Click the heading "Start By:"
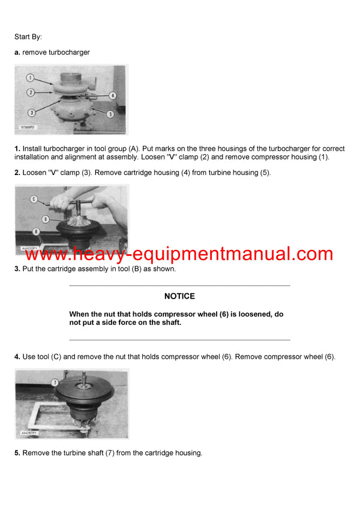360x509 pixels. pyautogui.click(x=28, y=37)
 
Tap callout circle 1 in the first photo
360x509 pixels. pyautogui.click(x=30, y=77)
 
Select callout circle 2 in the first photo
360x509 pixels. pyautogui.click(x=30, y=92)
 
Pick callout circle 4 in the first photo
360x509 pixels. pyautogui.click(x=112, y=95)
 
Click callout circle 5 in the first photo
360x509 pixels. pyautogui.click(x=110, y=113)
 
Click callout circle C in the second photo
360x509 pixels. pyautogui.click(x=34, y=198)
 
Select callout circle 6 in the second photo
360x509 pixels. pyautogui.click(x=45, y=219)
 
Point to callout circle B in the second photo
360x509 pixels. pyautogui.click(x=36, y=231)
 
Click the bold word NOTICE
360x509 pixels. pyautogui.click(x=179, y=296)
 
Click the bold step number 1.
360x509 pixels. pyautogui.click(x=17, y=149)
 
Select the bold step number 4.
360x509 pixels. pyautogui.click(x=17, y=357)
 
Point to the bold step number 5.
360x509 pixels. pyautogui.click(x=17, y=453)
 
